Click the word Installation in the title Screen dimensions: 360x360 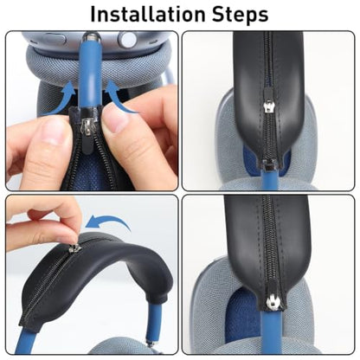point(147,14)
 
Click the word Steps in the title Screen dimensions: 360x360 point(240,15)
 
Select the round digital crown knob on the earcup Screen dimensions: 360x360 point(126,39)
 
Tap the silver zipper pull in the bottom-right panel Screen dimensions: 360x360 point(273,304)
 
